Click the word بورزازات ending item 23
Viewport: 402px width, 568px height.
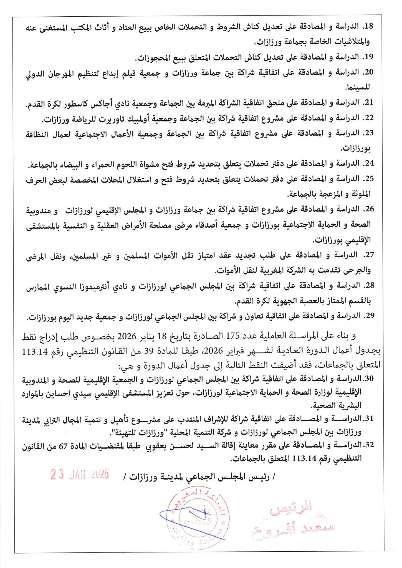[357, 149]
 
